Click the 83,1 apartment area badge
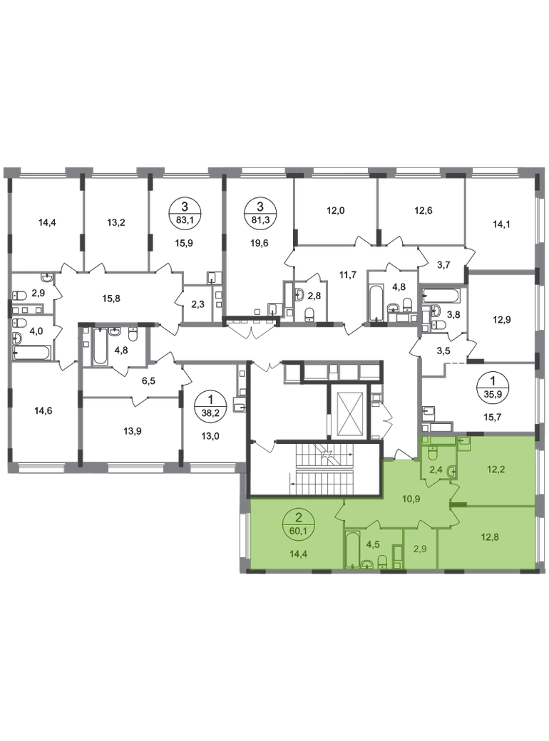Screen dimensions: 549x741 click(185, 212)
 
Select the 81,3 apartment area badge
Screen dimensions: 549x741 click(260, 212)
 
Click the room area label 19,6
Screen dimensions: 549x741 click(259, 243)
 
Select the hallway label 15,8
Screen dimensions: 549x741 click(111, 299)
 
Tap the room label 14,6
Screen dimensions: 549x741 click(43, 410)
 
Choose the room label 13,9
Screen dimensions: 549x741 click(133, 431)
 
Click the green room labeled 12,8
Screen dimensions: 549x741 click(490, 537)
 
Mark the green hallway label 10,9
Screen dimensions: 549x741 click(399, 498)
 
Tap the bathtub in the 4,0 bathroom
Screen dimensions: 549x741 click(31, 353)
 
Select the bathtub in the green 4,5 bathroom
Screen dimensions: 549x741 click(352, 550)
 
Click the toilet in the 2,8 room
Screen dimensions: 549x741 click(309, 315)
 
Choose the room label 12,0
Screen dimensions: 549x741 click(336, 211)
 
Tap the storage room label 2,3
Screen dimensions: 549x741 click(197, 304)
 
